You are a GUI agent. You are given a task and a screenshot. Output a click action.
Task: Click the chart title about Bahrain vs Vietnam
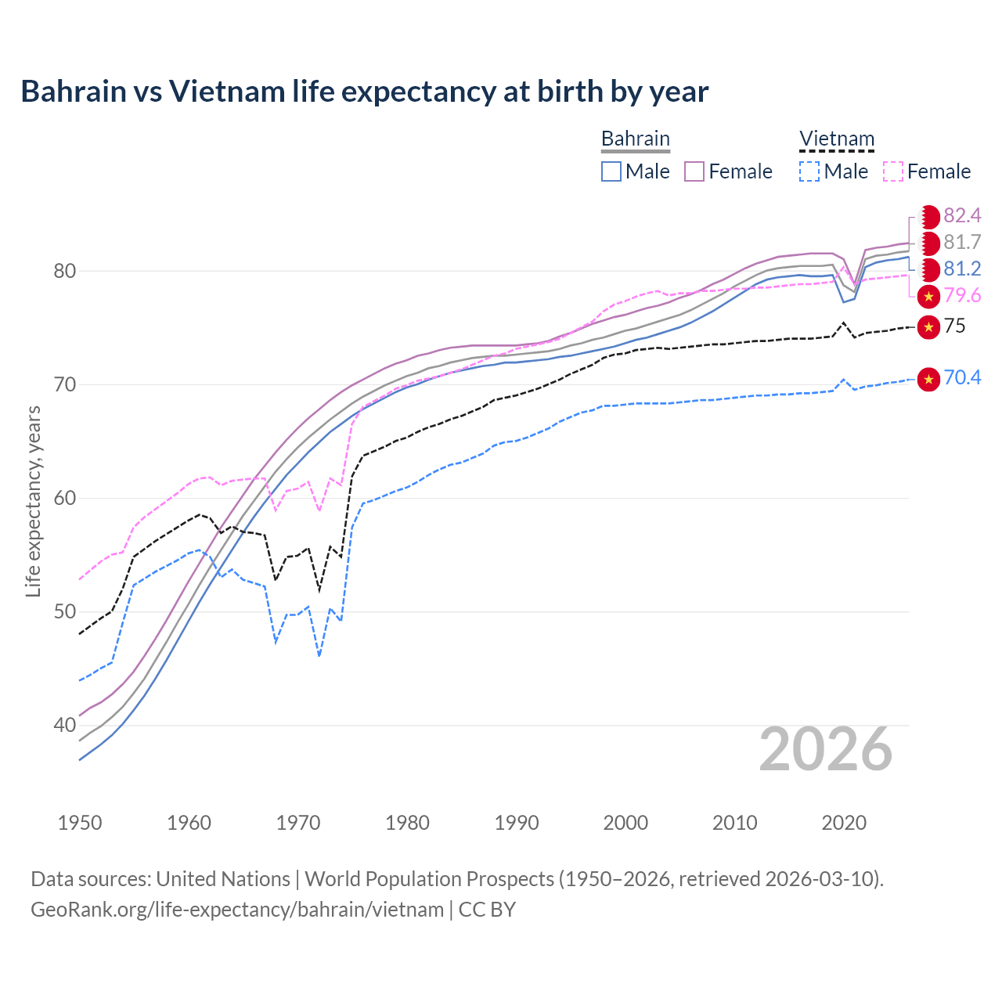pos(364,92)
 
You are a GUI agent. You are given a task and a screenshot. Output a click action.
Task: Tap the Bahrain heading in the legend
pos(635,139)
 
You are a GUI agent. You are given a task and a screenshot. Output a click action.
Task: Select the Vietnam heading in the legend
pos(836,139)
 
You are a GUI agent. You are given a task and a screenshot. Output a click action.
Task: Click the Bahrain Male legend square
pos(611,171)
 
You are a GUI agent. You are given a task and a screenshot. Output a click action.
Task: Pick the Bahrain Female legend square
pos(694,171)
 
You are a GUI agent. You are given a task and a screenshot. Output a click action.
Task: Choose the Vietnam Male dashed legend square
pos(809,171)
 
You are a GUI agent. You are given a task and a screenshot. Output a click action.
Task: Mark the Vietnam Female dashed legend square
pos(892,171)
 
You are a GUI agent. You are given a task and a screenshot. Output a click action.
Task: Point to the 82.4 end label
pos(962,216)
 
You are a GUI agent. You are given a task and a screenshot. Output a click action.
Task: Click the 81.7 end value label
pos(962,243)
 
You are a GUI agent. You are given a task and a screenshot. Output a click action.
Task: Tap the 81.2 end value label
pos(962,269)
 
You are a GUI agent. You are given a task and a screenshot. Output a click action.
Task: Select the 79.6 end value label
pos(962,296)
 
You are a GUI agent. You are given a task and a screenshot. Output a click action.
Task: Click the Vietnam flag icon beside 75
pos(928,326)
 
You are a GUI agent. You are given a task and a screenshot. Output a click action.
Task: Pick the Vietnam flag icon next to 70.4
pos(928,379)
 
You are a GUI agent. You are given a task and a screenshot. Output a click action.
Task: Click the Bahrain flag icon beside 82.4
pos(928,216)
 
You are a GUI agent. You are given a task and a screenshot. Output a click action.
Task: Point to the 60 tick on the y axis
pos(64,499)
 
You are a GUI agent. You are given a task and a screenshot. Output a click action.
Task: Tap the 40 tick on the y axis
pos(64,726)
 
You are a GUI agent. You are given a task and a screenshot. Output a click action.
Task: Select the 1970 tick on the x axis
pos(298,823)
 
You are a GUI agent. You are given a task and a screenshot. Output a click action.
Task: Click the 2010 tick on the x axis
pos(734,823)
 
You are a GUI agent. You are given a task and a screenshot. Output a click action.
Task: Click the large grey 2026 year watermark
pos(825,750)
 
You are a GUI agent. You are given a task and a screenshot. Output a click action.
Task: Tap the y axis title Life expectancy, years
pos(34,501)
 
